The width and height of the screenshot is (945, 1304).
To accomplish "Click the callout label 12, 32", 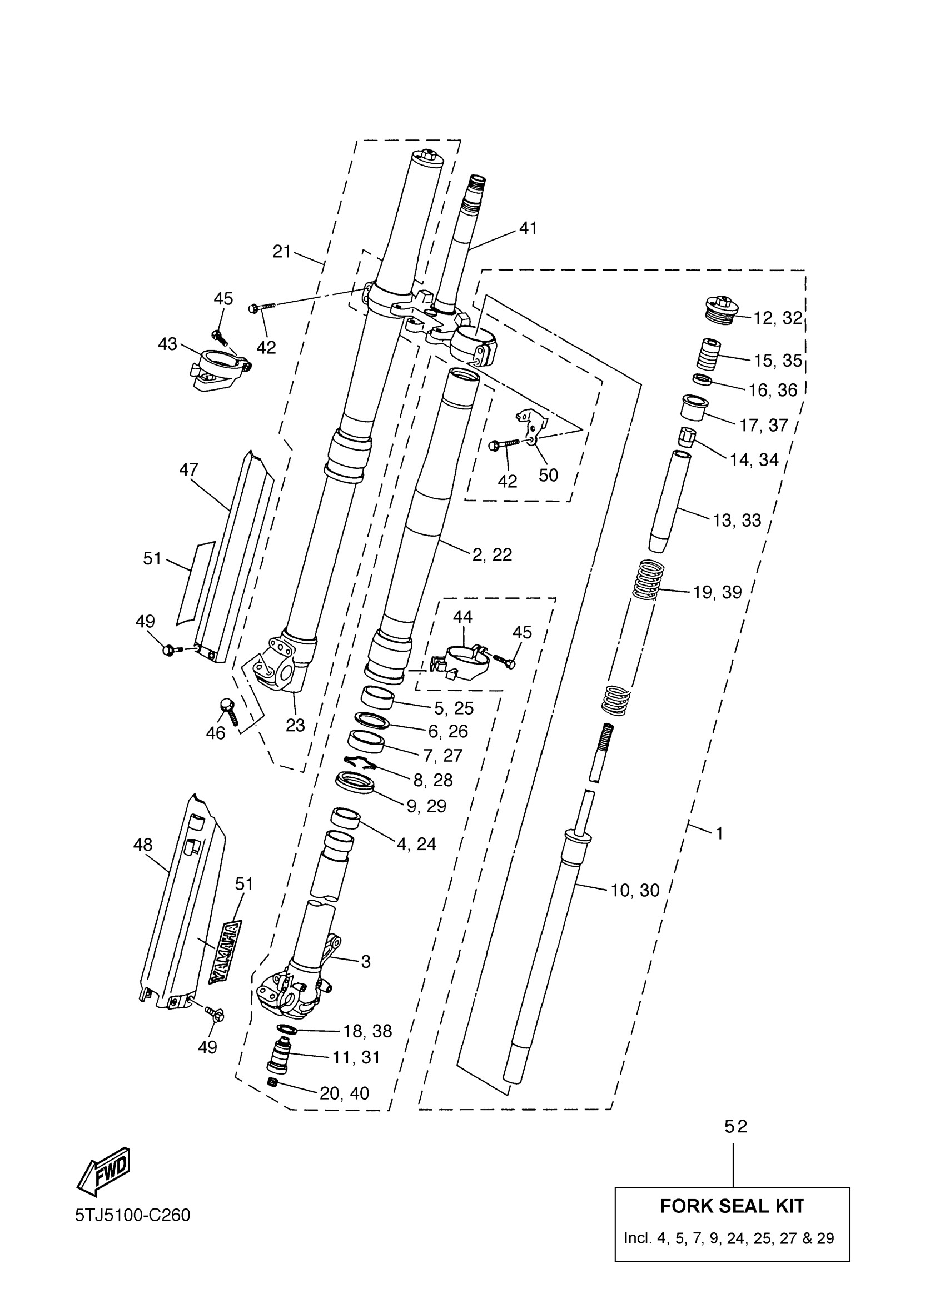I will point(778,318).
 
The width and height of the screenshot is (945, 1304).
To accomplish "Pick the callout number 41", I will point(528,229).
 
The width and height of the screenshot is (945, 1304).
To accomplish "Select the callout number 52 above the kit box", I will point(735,1126).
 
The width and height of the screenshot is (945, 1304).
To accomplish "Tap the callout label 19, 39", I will point(717,592).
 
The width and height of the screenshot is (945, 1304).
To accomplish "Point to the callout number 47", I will point(188,469).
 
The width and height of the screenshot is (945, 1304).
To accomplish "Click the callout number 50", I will point(548,475).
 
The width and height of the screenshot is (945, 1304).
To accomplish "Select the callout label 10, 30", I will point(635,890).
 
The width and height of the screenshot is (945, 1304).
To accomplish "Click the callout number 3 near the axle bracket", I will point(366,961).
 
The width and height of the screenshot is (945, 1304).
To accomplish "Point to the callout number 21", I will point(282,252).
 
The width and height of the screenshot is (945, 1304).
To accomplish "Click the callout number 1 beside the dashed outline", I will point(719,832).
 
